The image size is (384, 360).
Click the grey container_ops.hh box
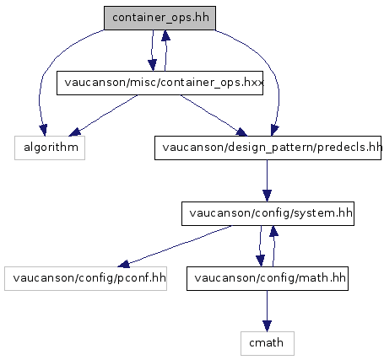[160, 18]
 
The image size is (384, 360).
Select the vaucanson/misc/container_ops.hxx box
[160, 83]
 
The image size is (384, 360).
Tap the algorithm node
[50, 148]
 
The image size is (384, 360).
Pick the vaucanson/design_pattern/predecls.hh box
[268, 148]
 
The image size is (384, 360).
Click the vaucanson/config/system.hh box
[268, 213]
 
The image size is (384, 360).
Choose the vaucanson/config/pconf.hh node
[85, 278]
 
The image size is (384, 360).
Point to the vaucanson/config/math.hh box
[268, 278]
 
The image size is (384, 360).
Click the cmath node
[268, 343]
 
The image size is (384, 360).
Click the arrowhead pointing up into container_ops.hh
[165, 35]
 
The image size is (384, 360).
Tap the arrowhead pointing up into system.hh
[273, 231]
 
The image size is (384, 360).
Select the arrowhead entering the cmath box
[267, 326]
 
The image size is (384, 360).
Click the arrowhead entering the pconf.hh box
[124, 264]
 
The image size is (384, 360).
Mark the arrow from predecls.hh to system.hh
[267, 180]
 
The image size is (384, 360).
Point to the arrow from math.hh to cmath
[267, 311]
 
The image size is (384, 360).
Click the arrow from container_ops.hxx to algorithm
[103, 116]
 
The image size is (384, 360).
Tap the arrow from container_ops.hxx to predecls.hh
[214, 116]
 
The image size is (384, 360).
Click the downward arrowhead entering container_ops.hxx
[152, 66]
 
